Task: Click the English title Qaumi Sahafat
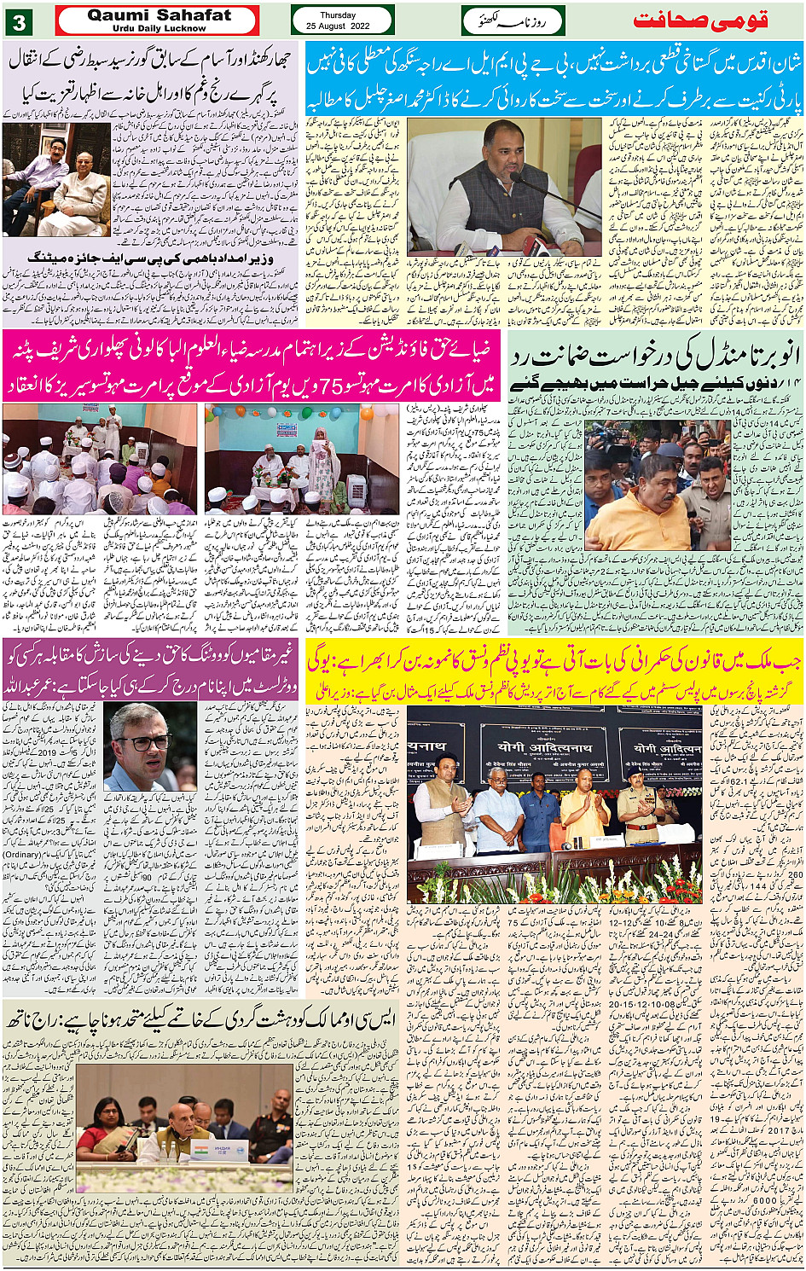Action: (159, 15)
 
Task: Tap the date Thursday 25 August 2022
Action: (341, 20)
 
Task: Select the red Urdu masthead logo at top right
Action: (701, 20)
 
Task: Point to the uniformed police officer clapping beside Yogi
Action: (640, 810)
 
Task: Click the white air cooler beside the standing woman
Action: (357, 490)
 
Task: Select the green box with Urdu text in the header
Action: (513, 20)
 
